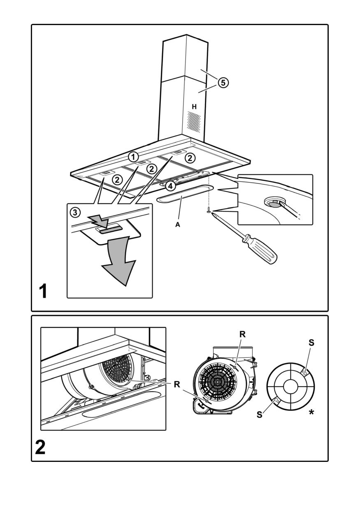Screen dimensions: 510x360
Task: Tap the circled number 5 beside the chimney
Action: pos(222,83)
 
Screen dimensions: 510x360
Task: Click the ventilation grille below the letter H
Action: pos(194,123)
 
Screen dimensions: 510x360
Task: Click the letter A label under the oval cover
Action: pos(178,225)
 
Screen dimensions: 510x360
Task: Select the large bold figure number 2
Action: pos(40,447)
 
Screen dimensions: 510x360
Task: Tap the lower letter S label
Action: pos(260,415)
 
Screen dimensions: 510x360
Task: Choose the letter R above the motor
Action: pos(242,335)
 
